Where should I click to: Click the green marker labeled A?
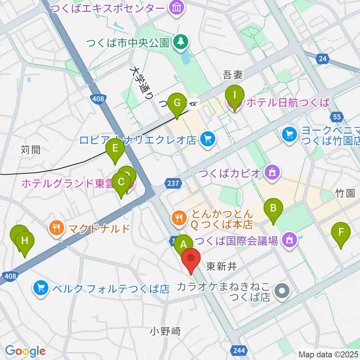[183, 244]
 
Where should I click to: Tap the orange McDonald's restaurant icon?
[56, 228]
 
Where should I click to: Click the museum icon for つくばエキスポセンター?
[175, 8]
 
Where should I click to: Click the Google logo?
[25, 351]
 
